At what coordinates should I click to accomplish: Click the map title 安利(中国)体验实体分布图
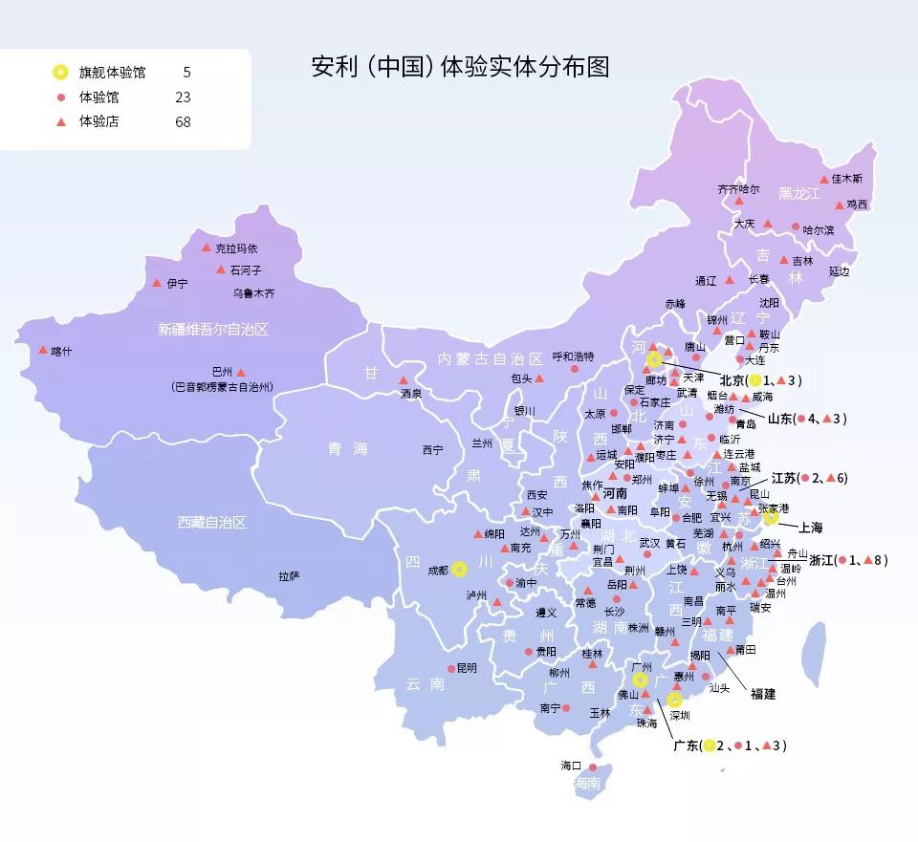[x=461, y=67]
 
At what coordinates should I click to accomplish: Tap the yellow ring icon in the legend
[x=60, y=72]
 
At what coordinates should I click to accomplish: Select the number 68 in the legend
[x=183, y=121]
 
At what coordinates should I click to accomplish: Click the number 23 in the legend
[x=183, y=97]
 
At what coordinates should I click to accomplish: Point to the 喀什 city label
[x=61, y=352]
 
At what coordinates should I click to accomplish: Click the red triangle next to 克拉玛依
[x=206, y=247]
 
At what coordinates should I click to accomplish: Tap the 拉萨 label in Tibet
[x=289, y=576]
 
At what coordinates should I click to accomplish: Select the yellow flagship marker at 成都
[x=460, y=569]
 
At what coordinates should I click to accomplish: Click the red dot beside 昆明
[x=451, y=669]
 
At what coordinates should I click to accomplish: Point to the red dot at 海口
[x=594, y=766]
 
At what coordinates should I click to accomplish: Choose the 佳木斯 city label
[x=846, y=179]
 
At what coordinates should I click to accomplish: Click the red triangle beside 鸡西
[x=839, y=204]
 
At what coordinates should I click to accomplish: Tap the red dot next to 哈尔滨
[x=795, y=227]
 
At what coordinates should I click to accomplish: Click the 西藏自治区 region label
[x=212, y=523]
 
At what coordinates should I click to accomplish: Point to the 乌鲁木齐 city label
[x=253, y=293]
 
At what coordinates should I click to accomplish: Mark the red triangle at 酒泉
[x=403, y=379]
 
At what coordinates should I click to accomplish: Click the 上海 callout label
[x=810, y=528]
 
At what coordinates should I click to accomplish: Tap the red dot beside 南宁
[x=566, y=708]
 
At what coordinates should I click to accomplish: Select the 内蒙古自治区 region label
[x=490, y=358]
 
